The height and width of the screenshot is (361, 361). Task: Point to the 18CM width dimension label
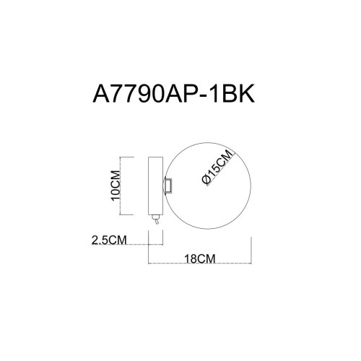(199, 256)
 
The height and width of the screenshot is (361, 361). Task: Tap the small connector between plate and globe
(168, 186)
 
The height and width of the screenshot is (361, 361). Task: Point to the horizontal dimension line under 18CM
(199, 264)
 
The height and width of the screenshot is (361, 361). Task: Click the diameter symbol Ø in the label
(207, 183)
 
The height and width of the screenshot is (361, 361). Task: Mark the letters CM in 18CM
(207, 256)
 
